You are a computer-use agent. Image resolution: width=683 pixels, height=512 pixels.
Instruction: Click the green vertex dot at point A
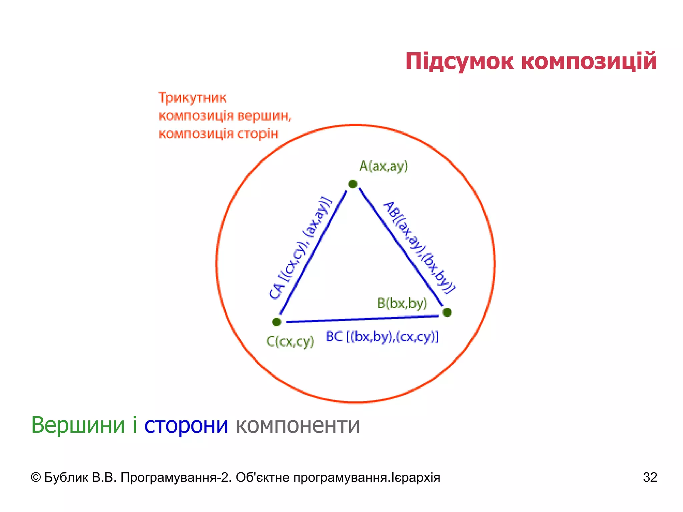[x=353, y=184]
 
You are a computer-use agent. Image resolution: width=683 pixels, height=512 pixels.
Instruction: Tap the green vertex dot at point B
[x=447, y=312]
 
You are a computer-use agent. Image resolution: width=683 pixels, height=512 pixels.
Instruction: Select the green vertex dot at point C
[x=276, y=322]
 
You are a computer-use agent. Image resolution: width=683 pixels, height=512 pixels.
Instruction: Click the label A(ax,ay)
[x=384, y=166]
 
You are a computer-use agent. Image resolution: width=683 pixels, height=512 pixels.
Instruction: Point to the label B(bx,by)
[x=402, y=303]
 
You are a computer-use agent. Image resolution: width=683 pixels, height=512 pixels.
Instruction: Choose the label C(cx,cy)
[x=290, y=341]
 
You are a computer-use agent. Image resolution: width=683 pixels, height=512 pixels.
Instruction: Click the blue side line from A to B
[x=400, y=247]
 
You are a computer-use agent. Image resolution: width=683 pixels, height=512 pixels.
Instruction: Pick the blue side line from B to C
[x=362, y=319]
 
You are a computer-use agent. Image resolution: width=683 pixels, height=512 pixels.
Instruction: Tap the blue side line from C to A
[x=313, y=253]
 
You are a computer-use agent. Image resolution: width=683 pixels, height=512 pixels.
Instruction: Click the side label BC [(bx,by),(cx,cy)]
[x=382, y=337]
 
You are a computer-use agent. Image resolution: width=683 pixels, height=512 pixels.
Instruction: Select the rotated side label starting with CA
[x=300, y=248]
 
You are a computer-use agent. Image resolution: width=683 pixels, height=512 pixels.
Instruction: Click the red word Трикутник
[x=192, y=98]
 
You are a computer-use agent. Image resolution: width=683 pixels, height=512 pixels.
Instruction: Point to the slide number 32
[x=650, y=477]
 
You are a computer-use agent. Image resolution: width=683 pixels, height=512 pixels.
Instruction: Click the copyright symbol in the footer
[x=35, y=478]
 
